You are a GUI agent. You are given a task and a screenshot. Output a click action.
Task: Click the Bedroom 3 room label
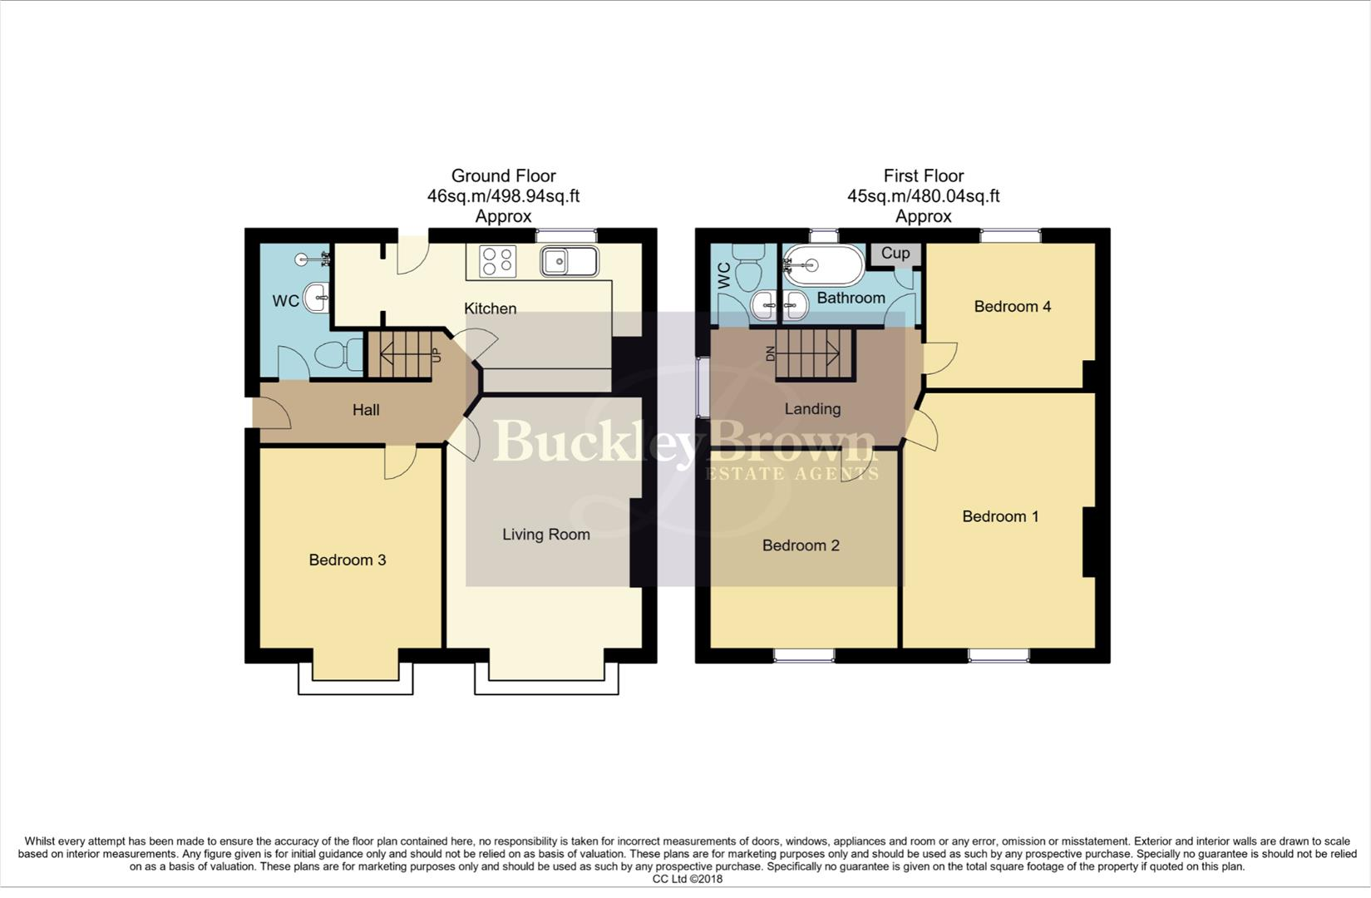tap(347, 560)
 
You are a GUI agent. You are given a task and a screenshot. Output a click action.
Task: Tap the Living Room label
tap(545, 535)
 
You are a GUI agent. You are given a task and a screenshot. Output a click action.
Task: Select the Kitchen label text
tap(490, 308)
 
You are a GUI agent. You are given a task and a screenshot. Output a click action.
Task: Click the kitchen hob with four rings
tap(498, 261)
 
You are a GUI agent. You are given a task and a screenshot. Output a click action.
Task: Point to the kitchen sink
tap(568, 261)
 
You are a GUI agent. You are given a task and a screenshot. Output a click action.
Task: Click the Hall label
tap(366, 410)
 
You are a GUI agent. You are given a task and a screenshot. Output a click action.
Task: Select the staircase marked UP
tap(398, 354)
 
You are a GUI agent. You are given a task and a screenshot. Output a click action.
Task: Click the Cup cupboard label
tap(895, 254)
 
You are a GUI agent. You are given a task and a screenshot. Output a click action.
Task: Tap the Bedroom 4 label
tap(1012, 307)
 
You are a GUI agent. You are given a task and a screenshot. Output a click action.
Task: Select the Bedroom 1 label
tap(1000, 516)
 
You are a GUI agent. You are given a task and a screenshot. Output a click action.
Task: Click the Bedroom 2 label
tap(801, 545)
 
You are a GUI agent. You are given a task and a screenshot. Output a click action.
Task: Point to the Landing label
tap(812, 409)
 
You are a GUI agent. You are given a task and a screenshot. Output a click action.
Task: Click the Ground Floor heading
tap(503, 175)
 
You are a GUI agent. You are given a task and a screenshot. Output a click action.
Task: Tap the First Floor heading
tap(923, 175)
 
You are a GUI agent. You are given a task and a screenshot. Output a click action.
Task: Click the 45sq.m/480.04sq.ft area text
tap(923, 196)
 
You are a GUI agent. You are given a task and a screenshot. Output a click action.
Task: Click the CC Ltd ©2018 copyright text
tap(687, 879)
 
